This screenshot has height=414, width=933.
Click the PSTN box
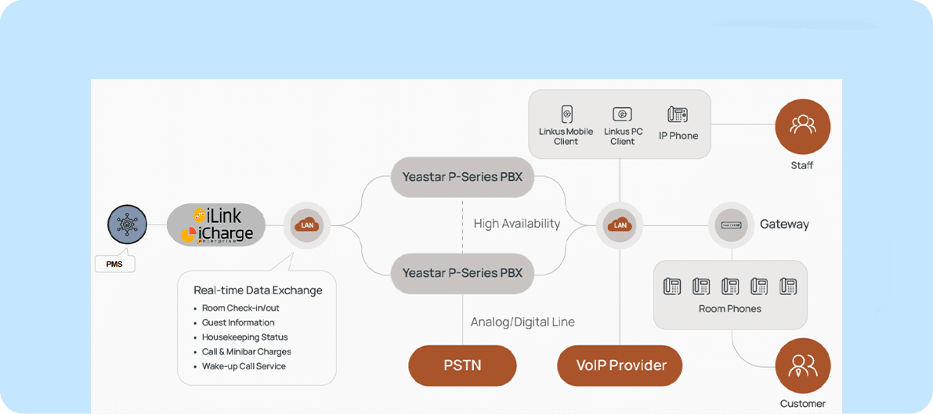tap(462, 365)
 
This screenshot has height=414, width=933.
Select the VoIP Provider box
tap(620, 365)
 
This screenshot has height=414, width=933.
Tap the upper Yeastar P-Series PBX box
tap(462, 177)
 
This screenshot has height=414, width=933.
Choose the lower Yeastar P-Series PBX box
tap(462, 273)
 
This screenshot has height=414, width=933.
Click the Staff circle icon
tap(802, 126)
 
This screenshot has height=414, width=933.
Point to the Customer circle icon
tap(802, 366)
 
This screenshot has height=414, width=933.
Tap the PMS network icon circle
tap(127, 225)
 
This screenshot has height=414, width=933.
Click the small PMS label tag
tap(114, 264)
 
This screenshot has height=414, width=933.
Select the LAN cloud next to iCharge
tap(306, 225)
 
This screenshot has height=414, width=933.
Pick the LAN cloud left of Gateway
tap(620, 225)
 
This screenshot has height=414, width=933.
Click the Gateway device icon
tap(732, 225)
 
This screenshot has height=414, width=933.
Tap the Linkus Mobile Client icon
tap(566, 114)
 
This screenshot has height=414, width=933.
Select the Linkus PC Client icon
tap(622, 114)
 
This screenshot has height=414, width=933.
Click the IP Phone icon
tap(678, 114)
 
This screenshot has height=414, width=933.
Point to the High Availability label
tap(516, 224)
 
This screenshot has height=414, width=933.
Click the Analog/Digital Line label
tap(523, 322)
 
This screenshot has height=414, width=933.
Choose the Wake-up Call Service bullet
tap(244, 366)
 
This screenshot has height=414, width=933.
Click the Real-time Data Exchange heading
tap(258, 290)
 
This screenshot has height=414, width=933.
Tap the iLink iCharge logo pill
tap(215, 225)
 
